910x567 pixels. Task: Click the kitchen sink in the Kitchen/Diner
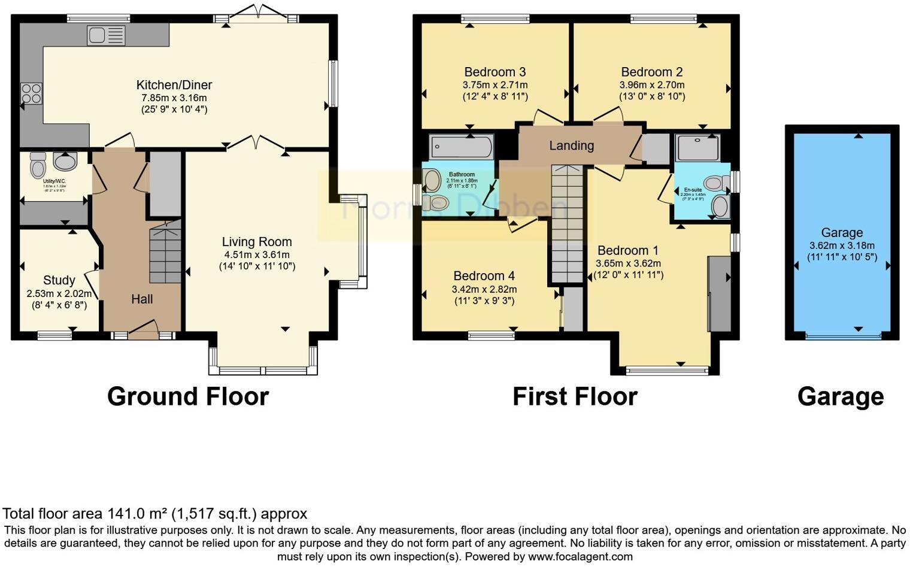click(106, 35)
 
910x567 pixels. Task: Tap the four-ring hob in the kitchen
click(32, 93)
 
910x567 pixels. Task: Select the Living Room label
click(257, 242)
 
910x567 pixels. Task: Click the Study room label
click(59, 280)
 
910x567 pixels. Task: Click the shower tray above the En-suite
click(697, 147)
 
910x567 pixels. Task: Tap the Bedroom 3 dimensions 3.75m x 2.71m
click(495, 85)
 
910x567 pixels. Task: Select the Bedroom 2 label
click(651, 72)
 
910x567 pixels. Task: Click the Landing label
click(571, 145)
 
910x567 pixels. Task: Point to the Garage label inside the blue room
click(841, 232)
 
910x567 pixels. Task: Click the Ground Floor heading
click(187, 396)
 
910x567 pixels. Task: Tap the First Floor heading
click(574, 396)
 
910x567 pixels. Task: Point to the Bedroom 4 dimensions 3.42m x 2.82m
click(484, 289)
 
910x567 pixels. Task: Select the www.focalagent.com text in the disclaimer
click(580, 556)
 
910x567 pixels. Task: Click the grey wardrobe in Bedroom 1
click(719, 293)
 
